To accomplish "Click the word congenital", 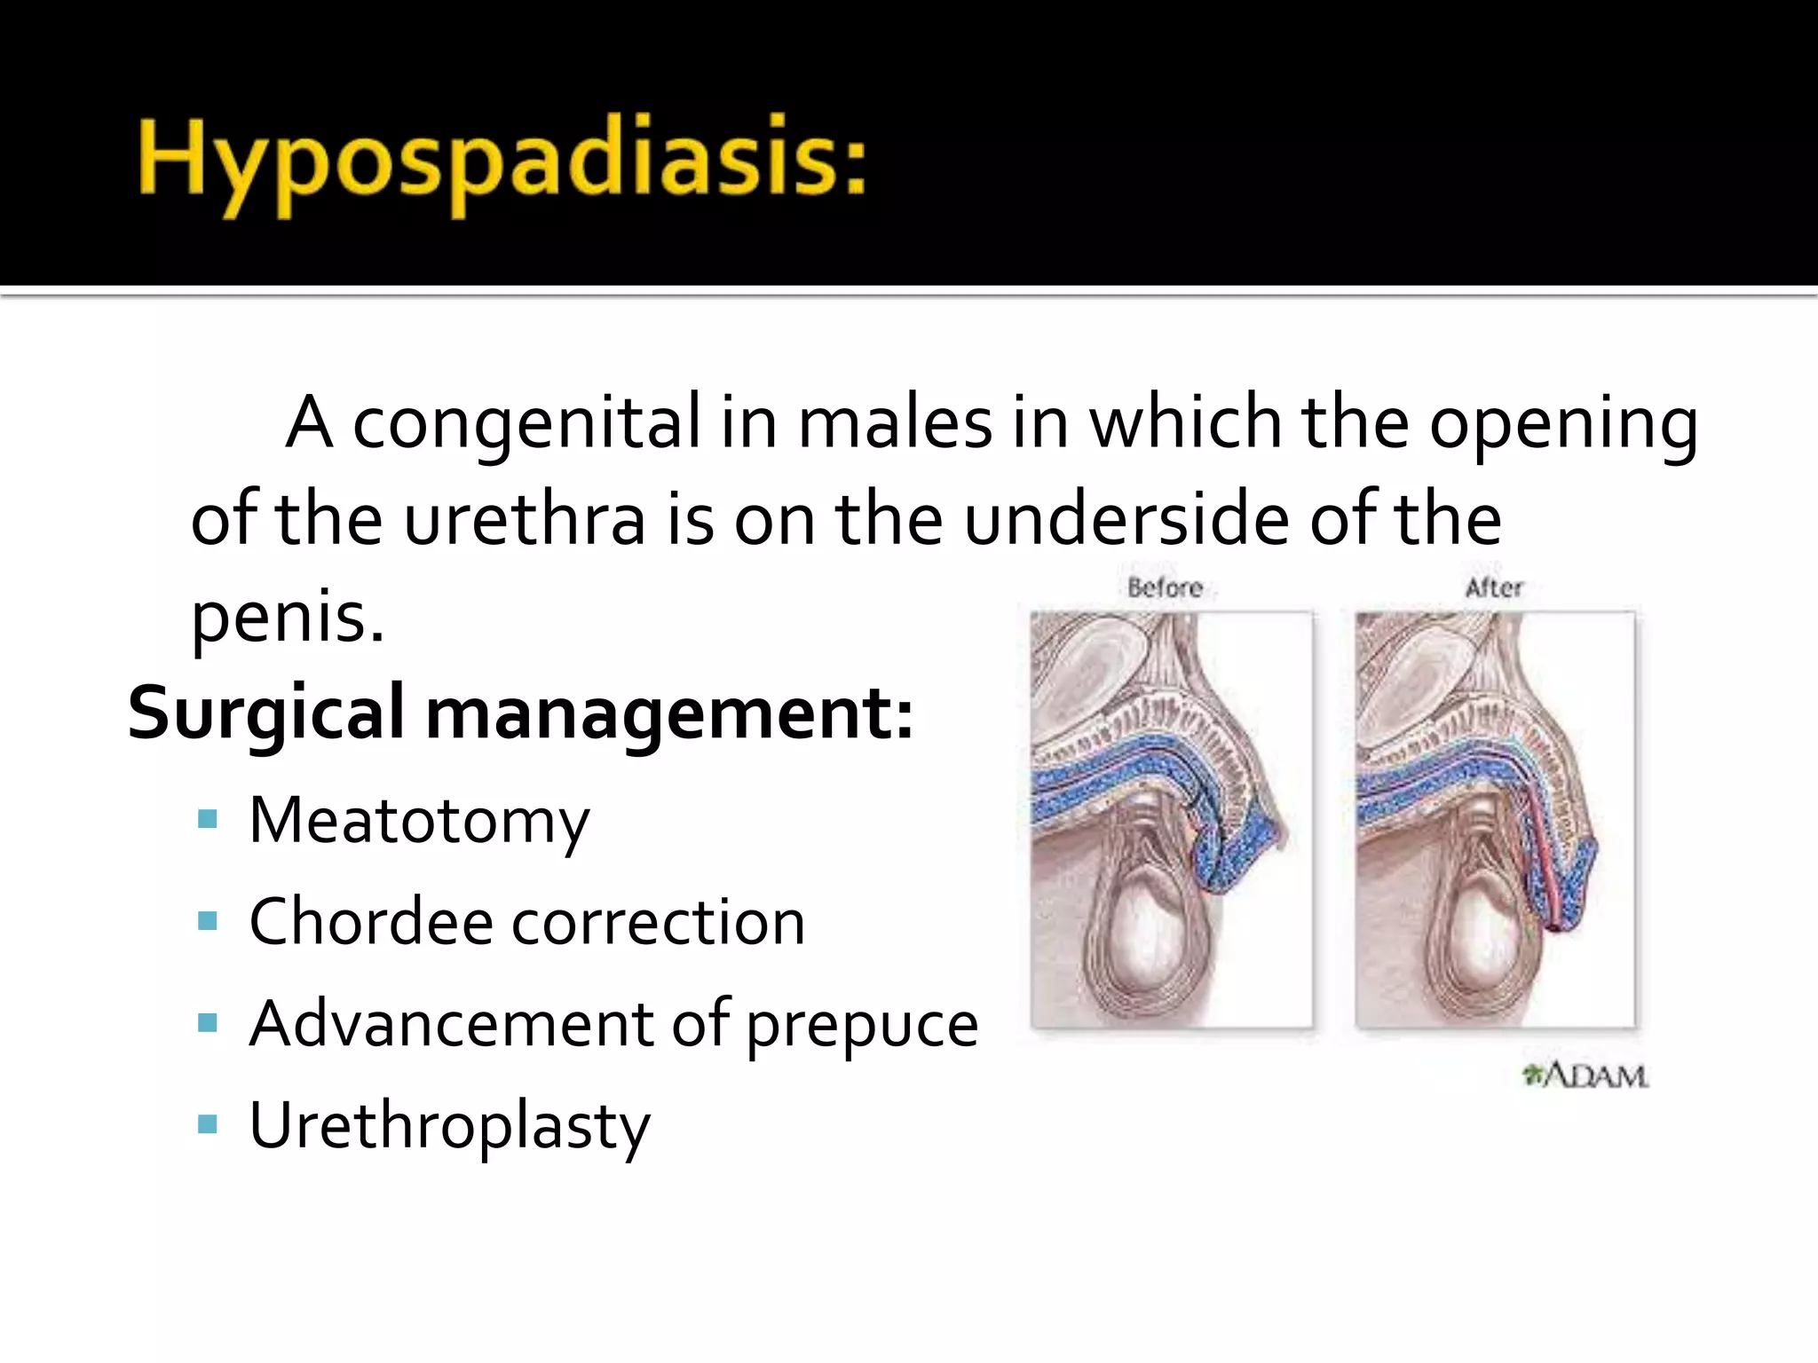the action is click(x=526, y=424).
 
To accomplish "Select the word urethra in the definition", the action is click(x=525, y=520).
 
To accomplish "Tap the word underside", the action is click(x=1126, y=520).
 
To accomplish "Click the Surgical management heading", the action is click(x=520, y=713).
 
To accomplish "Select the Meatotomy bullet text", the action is click(x=419, y=822).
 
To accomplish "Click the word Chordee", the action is click(x=371, y=922).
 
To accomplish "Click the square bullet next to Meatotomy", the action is click(x=208, y=819).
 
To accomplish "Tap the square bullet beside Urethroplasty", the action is click(x=208, y=1125).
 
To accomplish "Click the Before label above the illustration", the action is click(x=1165, y=587).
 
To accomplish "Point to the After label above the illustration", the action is click(x=1494, y=587).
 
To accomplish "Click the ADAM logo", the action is click(x=1585, y=1075).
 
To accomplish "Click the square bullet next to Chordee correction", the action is click(x=208, y=921).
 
